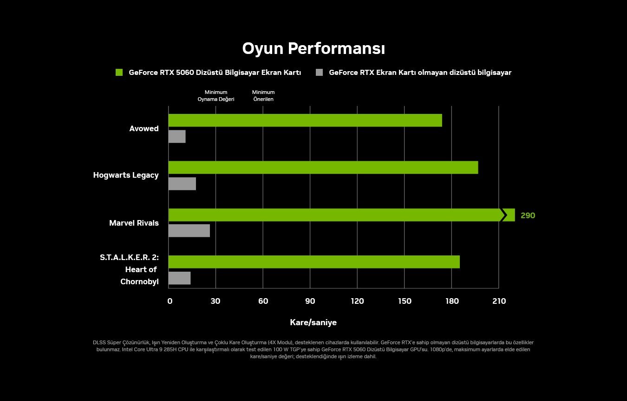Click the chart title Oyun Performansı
313,48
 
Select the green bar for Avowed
305,120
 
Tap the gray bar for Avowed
177,136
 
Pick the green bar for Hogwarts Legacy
323,167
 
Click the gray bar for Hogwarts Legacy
182,184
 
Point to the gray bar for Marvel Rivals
189,231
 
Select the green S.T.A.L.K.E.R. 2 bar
313,262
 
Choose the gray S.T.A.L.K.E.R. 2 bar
179,278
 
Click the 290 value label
528,216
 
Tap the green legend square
119,73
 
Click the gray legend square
319,73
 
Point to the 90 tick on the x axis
310,301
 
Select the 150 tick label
405,301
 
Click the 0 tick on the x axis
170,301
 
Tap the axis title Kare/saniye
313,322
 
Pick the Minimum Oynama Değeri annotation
216,96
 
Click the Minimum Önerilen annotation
263,96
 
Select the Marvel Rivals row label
134,223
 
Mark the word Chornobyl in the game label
139,281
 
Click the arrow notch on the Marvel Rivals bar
503,215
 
